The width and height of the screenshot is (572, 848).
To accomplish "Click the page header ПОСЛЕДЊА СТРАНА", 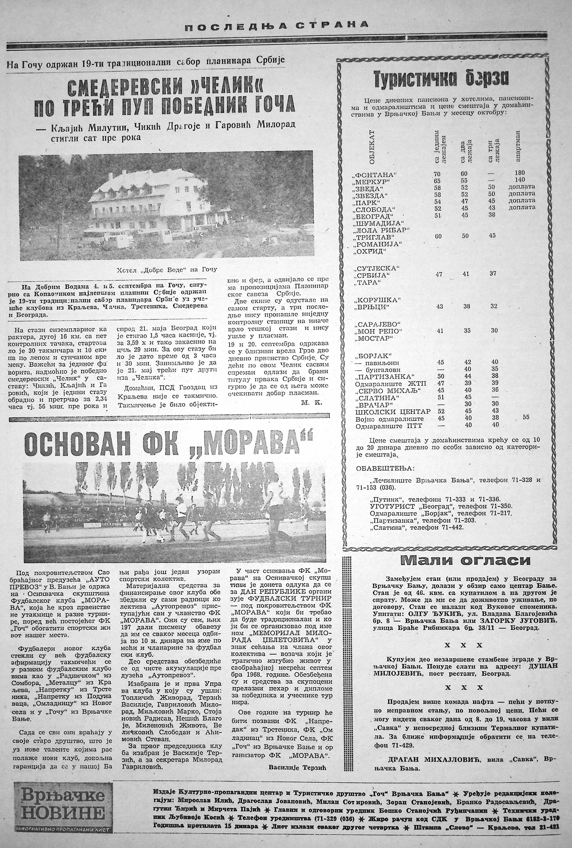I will tap(276, 25).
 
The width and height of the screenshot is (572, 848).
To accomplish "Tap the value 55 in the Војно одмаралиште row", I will tap(526, 417).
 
